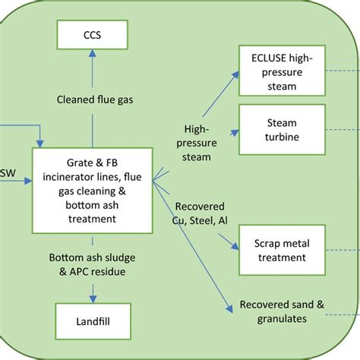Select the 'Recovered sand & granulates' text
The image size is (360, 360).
[282, 311]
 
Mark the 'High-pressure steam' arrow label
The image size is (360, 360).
[207, 143]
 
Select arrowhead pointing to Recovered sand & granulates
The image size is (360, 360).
[229, 309]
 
